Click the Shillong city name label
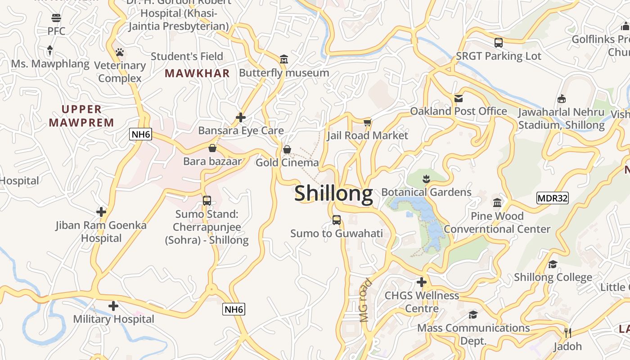click(x=333, y=193)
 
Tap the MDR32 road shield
click(x=553, y=198)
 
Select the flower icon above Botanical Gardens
click(x=427, y=180)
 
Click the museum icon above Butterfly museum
click(x=283, y=59)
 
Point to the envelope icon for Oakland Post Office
click(x=459, y=98)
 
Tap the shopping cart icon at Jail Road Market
click(x=368, y=122)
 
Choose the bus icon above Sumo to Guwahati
click(x=337, y=220)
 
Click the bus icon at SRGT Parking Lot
click(x=498, y=43)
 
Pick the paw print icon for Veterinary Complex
click(x=119, y=52)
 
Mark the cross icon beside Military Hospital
click(x=113, y=306)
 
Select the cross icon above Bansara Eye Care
click(x=241, y=118)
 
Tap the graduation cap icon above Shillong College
click(x=553, y=264)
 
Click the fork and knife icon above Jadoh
click(x=567, y=333)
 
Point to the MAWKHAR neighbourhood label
click(x=197, y=73)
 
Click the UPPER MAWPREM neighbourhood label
click(x=81, y=116)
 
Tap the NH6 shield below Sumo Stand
click(x=234, y=310)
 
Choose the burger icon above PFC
click(x=56, y=18)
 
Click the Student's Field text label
click(x=187, y=56)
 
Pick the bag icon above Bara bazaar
click(x=212, y=148)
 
